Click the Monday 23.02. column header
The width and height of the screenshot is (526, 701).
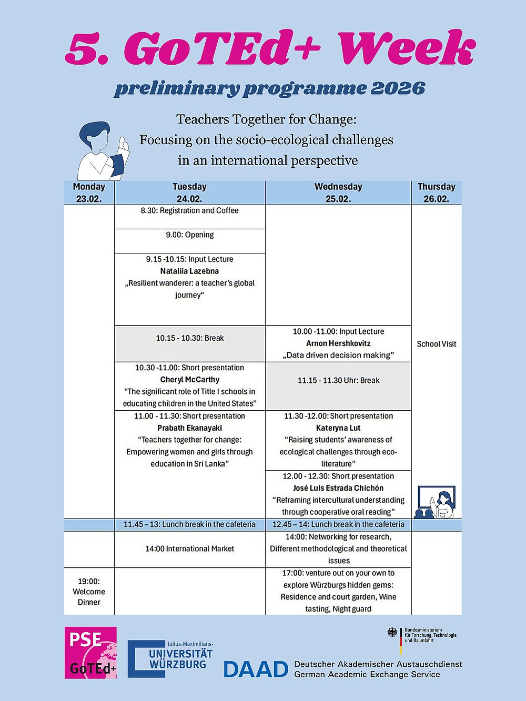pos(89,192)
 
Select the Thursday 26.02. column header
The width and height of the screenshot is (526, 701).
pos(436,192)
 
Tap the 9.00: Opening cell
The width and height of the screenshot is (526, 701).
pos(189,235)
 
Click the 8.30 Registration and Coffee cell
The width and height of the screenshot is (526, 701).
pos(189,211)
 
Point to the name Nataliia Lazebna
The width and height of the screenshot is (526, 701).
pos(189,271)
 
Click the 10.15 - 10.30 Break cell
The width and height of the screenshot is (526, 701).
pos(189,338)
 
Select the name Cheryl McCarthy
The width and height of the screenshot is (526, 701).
pos(189,380)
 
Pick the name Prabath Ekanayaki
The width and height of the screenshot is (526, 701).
pos(189,428)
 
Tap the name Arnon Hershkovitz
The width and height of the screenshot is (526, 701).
pos(338,343)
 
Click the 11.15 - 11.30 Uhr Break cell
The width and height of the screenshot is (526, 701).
pos(338,381)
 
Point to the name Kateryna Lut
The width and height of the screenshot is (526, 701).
pos(338,428)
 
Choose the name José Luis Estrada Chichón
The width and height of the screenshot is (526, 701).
pos(338,488)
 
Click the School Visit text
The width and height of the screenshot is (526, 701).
pos(436,344)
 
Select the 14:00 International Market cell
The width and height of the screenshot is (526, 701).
pos(189,549)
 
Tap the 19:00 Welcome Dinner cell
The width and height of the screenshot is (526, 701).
pos(89,592)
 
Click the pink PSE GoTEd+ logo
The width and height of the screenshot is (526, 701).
pos(90,653)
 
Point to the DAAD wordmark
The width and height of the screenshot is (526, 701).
pos(256,669)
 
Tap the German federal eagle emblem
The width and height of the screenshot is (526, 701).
pos(392,633)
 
